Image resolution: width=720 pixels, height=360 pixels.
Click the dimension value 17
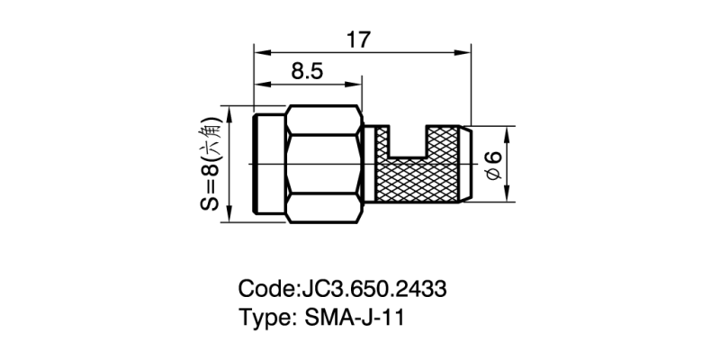(x=359, y=40)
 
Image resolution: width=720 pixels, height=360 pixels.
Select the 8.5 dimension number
(x=307, y=73)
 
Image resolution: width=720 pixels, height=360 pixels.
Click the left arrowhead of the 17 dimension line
(x=258, y=50)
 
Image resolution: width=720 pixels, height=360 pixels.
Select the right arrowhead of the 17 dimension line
(x=467, y=50)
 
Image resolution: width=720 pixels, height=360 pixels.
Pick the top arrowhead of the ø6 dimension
(x=506, y=130)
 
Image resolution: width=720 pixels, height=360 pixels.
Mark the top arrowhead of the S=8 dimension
(x=231, y=114)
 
